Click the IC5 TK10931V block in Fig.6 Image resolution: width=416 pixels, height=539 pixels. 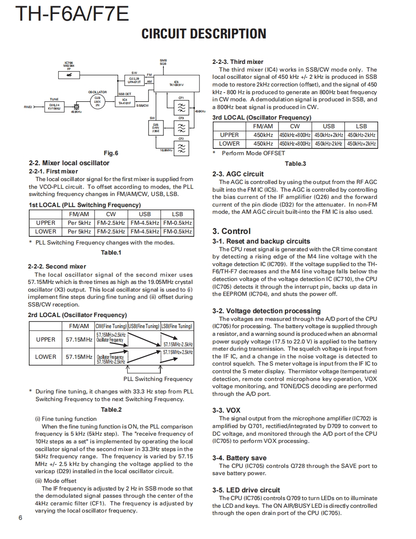[x=176, y=84]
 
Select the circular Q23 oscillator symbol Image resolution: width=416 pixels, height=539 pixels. [x=97, y=100]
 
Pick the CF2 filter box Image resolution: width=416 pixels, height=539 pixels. [x=181, y=149]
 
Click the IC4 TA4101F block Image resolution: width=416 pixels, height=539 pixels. [x=124, y=101]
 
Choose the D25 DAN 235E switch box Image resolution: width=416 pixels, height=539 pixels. [x=156, y=128]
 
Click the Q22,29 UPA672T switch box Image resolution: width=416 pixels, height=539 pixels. [x=134, y=80]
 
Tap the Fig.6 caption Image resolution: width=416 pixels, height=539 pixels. [x=111, y=153]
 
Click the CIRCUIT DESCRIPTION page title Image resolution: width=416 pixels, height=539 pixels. [x=204, y=34]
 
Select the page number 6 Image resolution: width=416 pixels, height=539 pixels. [x=20, y=517]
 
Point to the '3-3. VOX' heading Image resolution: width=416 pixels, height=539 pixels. [x=226, y=411]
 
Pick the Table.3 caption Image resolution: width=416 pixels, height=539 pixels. [x=295, y=164]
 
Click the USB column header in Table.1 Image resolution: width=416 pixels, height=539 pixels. [x=145, y=214]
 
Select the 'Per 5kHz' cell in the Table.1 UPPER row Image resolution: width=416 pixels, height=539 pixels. [x=79, y=223]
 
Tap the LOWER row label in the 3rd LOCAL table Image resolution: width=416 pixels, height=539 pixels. [x=229, y=144]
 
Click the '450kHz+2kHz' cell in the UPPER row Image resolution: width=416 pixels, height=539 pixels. [x=329, y=135]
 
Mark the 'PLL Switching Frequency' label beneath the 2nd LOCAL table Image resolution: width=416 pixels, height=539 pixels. [x=158, y=379]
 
